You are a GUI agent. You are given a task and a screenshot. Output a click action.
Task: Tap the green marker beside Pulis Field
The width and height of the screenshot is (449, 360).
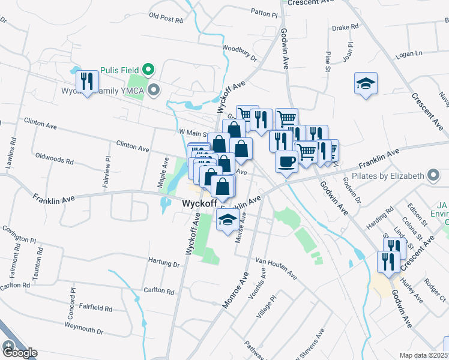point(150,69)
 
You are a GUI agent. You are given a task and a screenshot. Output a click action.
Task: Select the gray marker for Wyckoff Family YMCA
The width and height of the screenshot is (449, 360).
point(155,91)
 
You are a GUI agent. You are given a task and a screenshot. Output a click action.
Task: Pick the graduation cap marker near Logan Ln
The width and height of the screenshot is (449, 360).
point(366,84)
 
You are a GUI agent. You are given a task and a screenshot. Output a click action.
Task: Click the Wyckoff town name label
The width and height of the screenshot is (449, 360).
point(199,204)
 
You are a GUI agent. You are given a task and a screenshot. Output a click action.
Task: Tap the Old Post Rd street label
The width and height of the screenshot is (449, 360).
point(166,18)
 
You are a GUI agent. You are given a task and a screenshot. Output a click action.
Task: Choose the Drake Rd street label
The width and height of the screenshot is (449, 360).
point(345,27)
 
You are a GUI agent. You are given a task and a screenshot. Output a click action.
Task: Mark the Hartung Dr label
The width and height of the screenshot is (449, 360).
point(164,262)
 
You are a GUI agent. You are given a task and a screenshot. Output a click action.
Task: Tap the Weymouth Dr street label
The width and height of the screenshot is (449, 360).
point(83,331)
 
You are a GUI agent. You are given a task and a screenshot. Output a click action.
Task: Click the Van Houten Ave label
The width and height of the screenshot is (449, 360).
point(276,268)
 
